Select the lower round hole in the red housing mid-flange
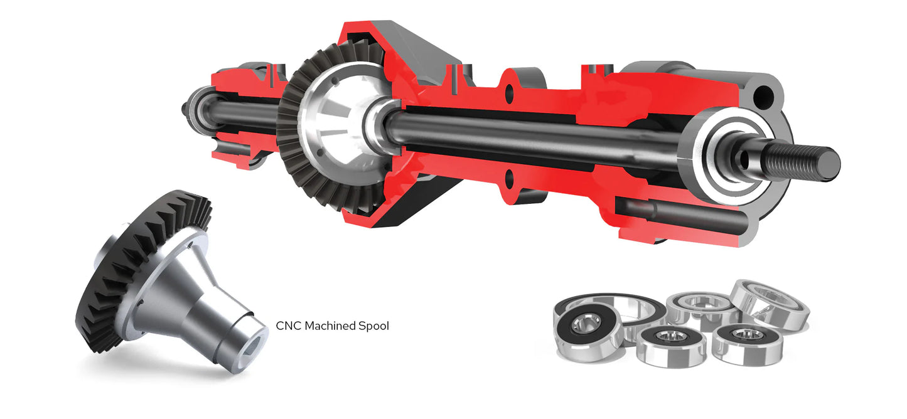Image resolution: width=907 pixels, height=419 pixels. pyautogui.click(x=509, y=179)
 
